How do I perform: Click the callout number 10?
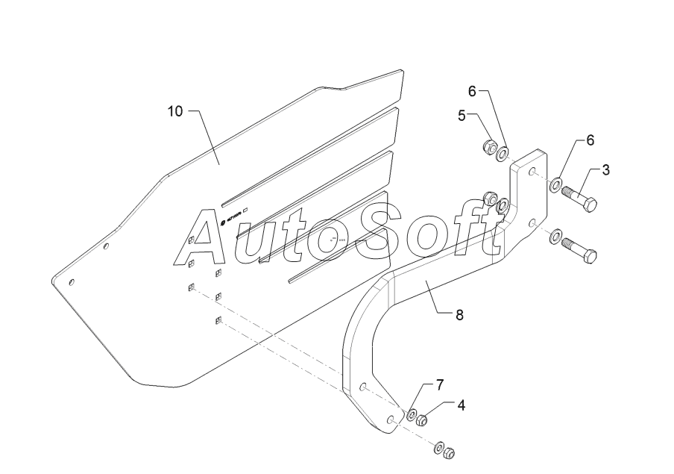point(174,111)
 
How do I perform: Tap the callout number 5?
point(462,116)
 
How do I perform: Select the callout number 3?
point(605,169)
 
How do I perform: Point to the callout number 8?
point(460,316)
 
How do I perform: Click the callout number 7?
point(440,384)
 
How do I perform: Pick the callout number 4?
point(462,405)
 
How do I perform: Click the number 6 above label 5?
point(471,91)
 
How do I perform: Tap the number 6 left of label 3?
point(590,140)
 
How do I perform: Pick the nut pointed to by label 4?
point(421,419)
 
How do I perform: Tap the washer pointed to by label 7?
point(411,412)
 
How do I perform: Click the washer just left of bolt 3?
point(557,184)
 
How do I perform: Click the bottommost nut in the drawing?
point(449,452)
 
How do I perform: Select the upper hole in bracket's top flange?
point(532,172)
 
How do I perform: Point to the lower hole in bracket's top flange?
point(532,222)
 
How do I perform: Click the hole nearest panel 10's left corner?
point(72,282)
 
